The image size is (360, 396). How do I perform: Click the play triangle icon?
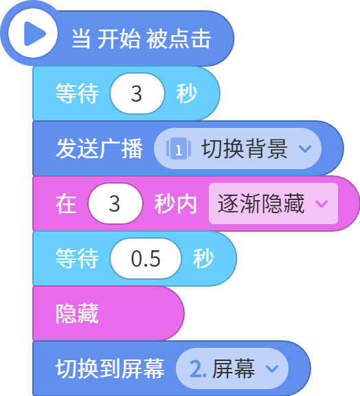(34, 34)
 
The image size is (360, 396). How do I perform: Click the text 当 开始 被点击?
(141, 38)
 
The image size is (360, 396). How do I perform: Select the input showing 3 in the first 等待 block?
(137, 93)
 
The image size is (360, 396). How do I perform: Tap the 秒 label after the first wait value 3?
(187, 93)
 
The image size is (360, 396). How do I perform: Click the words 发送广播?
(99, 148)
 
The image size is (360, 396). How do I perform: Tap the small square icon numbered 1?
(179, 148)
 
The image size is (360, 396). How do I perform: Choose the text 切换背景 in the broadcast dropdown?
(245, 148)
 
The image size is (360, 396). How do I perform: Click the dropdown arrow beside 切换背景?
(305, 148)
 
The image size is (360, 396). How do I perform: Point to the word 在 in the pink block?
(66, 203)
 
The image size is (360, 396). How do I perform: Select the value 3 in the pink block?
(115, 203)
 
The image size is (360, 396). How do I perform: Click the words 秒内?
(175, 203)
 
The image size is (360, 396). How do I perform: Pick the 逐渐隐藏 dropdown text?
(261, 203)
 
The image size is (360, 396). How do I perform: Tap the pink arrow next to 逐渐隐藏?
(322, 203)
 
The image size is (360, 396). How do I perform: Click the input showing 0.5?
(146, 258)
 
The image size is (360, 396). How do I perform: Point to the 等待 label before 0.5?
(77, 258)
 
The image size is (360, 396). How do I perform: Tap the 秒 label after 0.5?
(203, 258)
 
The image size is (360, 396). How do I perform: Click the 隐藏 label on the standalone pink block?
(77, 313)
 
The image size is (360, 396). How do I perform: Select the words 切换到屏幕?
(110, 368)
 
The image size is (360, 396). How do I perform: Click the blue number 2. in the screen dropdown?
(198, 368)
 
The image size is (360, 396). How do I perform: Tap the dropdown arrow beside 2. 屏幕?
(272, 368)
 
